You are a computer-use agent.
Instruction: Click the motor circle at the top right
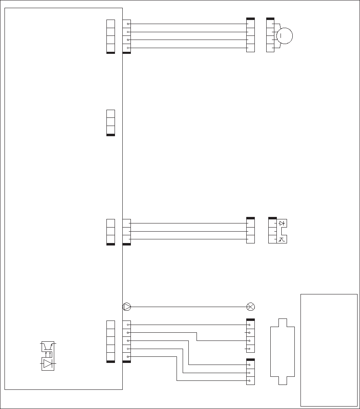tap(285, 36)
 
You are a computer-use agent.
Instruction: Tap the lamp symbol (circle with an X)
tap(251, 306)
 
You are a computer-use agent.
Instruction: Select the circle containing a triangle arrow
tap(127, 306)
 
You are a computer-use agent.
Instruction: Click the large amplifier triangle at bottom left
tap(48, 364)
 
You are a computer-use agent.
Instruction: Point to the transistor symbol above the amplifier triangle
tap(48, 346)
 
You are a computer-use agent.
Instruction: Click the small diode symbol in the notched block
tap(281, 223)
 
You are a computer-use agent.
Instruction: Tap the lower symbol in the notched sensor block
tap(281, 239)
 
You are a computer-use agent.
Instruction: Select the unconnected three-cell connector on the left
tap(110, 122)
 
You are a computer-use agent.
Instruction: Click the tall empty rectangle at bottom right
tap(329, 349)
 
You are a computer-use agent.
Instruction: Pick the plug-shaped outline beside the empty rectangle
tap(283, 351)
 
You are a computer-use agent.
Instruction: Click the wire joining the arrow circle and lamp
tap(188, 306)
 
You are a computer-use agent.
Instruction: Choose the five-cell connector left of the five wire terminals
tap(110, 341)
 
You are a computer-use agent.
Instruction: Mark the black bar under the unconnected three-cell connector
tap(110, 135)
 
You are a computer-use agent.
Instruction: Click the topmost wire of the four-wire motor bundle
tap(188, 24)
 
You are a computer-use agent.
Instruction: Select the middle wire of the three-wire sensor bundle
tap(188, 231)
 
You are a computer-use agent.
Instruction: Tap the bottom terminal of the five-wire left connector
tap(127, 357)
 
